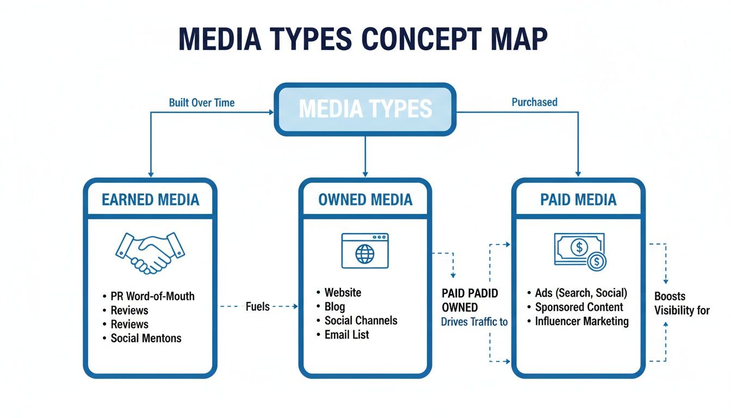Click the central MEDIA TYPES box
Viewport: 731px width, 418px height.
[365, 109]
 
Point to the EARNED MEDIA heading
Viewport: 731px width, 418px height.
[150, 200]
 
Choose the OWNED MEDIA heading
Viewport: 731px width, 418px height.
[365, 200]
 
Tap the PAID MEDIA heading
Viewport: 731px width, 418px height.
[578, 200]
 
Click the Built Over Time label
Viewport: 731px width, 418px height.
[202, 102]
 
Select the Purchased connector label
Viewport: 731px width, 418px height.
[534, 102]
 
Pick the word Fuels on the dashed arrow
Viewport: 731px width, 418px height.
[257, 306]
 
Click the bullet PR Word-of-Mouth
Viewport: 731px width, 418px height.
[152, 297]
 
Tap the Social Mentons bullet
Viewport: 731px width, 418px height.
[146, 338]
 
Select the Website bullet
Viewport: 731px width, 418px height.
[343, 292]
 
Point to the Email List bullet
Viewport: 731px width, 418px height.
[346, 335]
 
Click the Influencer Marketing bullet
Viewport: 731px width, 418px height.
[581, 321]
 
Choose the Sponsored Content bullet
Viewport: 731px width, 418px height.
[579, 307]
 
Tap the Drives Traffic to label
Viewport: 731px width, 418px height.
[474, 322]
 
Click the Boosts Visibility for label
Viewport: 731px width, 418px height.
[682, 304]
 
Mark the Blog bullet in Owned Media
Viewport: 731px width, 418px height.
[334, 306]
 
